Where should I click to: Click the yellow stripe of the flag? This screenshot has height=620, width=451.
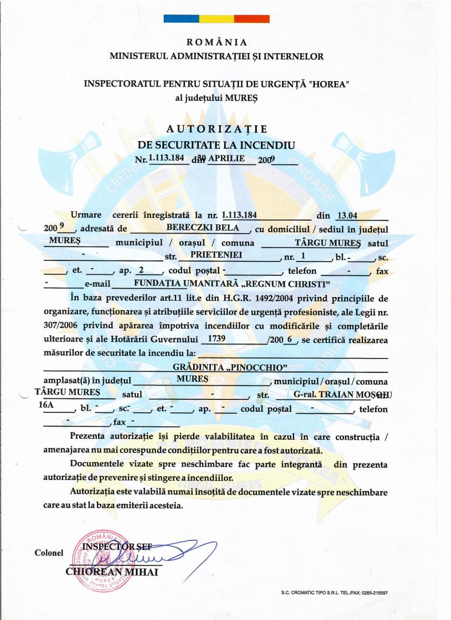point(216,19)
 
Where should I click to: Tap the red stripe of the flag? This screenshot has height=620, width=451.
point(252,19)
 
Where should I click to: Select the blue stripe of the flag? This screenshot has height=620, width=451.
point(181,19)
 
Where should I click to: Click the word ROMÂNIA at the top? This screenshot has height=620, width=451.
point(216,42)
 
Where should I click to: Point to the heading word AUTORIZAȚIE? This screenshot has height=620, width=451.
point(217,129)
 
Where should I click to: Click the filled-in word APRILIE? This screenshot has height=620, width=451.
point(226,159)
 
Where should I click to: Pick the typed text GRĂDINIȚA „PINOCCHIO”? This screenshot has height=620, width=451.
point(230,367)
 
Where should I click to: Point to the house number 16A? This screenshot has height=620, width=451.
point(46,406)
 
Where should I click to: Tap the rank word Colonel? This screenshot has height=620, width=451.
point(49,553)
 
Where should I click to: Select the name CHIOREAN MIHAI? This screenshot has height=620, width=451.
point(112,571)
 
